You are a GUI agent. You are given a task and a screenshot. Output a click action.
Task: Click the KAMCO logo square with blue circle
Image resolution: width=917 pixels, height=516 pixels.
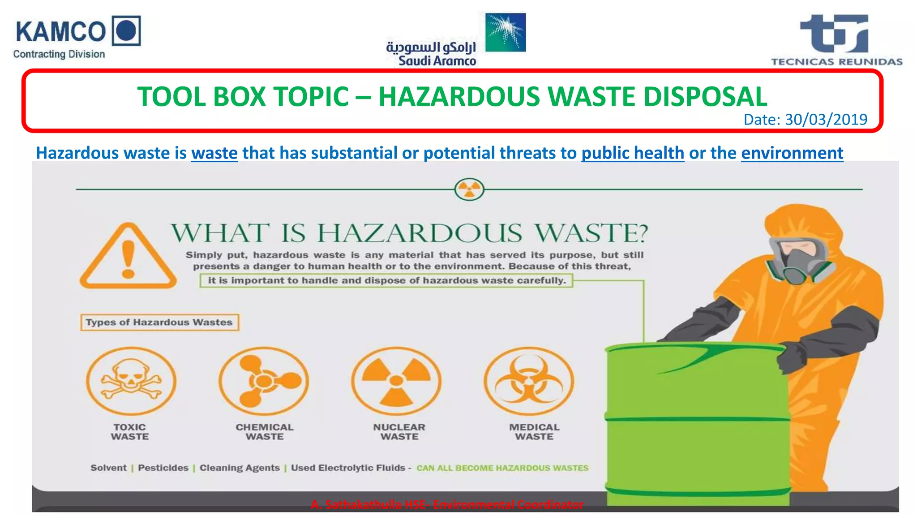[x=126, y=30]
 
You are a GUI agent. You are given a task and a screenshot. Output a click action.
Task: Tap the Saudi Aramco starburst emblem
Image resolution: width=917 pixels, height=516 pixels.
[x=506, y=32]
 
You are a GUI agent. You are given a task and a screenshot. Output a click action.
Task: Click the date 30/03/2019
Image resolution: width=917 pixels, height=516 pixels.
[x=826, y=119]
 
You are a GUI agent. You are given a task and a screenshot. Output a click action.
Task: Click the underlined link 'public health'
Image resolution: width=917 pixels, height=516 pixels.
[x=632, y=153]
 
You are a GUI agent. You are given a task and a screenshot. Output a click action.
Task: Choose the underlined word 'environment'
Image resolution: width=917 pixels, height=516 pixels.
[x=792, y=153]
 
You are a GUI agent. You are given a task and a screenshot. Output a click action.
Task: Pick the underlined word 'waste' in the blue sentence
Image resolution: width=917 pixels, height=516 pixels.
[x=214, y=153]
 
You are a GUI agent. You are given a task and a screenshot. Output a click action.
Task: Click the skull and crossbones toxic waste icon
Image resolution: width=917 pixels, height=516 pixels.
[x=131, y=381]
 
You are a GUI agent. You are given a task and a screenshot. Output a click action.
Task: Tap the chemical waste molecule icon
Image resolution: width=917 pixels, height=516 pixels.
[x=264, y=381]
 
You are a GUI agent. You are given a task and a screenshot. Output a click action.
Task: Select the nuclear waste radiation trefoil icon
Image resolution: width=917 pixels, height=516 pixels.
[x=396, y=381]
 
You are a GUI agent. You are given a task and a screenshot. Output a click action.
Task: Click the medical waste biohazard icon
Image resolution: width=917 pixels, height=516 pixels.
[x=529, y=381]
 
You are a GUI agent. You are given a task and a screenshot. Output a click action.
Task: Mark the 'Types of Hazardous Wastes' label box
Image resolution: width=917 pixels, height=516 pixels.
[x=159, y=322]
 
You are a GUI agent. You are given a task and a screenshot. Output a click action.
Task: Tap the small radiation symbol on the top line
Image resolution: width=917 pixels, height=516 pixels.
[x=469, y=189]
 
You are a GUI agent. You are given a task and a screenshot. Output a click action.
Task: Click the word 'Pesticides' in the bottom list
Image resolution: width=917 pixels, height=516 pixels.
[x=163, y=468]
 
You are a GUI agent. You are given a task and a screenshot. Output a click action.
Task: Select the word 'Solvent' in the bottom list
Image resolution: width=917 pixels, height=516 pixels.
[x=108, y=468]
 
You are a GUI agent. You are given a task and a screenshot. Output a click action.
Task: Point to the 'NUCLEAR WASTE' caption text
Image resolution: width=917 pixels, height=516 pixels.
[x=399, y=432]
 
